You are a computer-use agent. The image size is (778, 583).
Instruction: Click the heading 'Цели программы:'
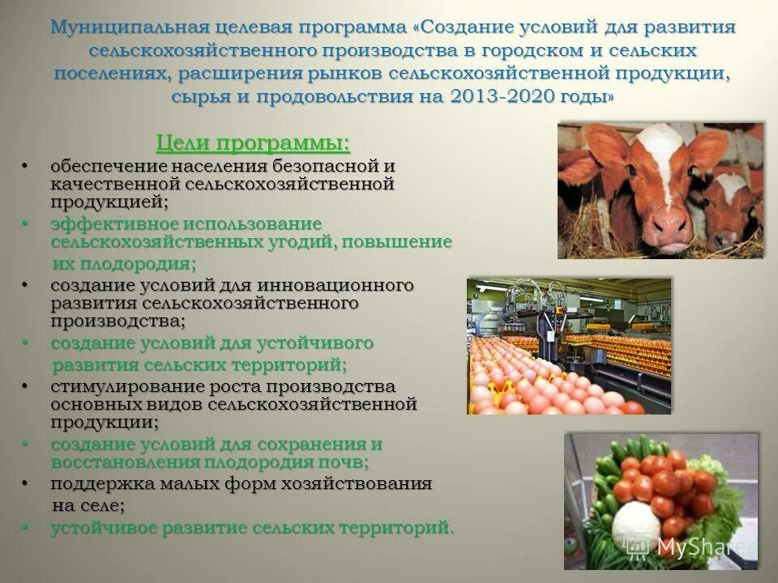pos(253,143)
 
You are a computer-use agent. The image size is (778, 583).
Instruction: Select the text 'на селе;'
pos(88,506)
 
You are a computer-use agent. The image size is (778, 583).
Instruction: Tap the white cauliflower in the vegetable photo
pos(637,523)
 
